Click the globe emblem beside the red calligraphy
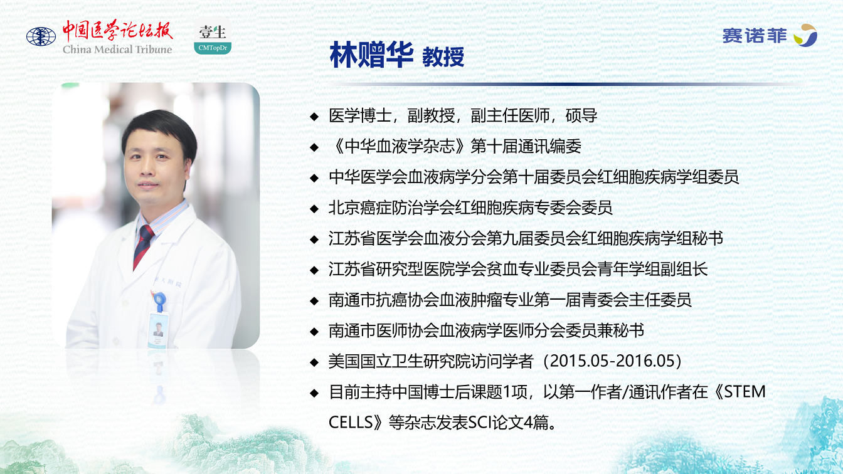tap(41, 37)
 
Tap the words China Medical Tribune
tap(117, 50)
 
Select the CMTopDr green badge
tap(213, 48)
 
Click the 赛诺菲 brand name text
tap(755, 36)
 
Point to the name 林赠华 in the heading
tap(371, 55)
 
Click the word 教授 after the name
tap(443, 58)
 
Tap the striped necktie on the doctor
tap(144, 246)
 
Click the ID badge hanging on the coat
tap(158, 330)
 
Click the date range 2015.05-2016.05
tap(615, 361)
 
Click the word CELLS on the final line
tap(351, 423)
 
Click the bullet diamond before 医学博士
tap(314, 116)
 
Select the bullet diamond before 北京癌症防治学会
tap(314, 209)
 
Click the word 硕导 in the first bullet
tap(581, 115)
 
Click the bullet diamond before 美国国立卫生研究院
tap(314, 362)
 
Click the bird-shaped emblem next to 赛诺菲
tap(806, 35)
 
